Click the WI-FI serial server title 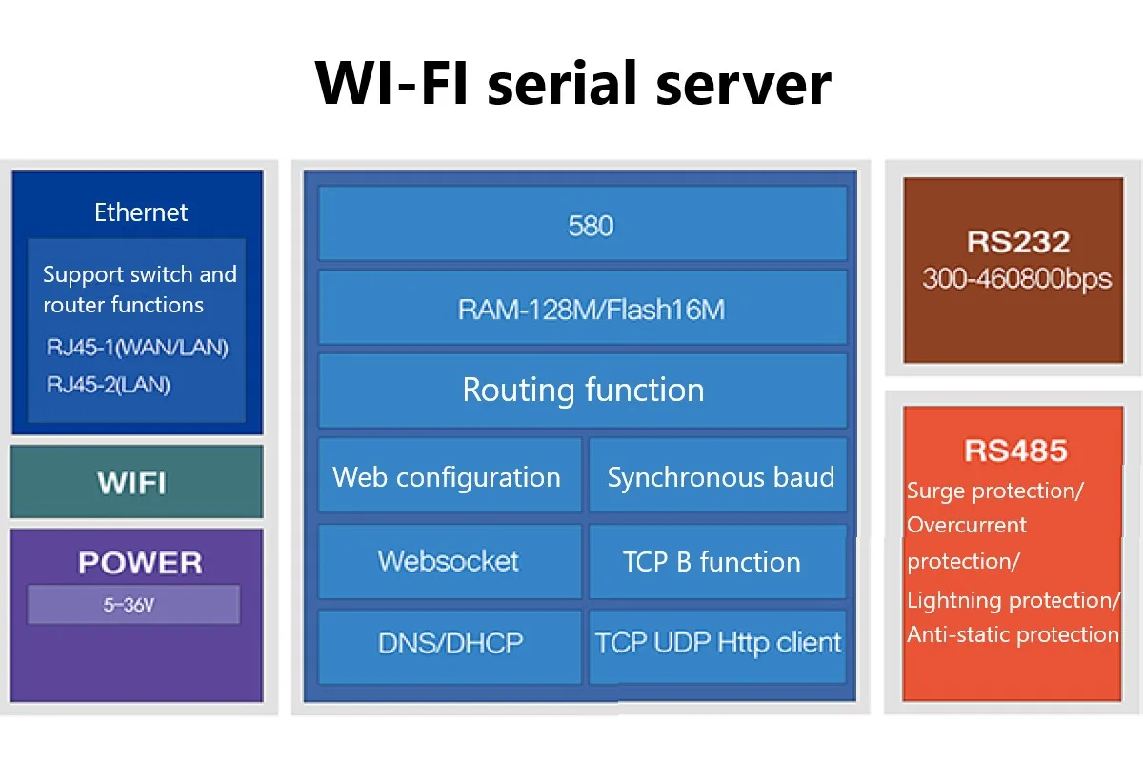click(573, 83)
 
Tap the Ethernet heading click(141, 212)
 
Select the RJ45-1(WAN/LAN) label click(137, 347)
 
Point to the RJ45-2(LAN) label click(109, 384)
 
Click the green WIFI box click(137, 482)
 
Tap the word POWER click(140, 562)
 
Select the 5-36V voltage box click(133, 605)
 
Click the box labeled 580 click(583, 224)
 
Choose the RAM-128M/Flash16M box click(583, 308)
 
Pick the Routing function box click(583, 391)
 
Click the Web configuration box click(450, 474)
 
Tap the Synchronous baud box click(718, 474)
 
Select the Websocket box click(450, 561)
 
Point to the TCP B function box click(718, 561)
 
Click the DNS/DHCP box click(450, 647)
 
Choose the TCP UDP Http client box click(718, 647)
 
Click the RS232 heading click(1018, 241)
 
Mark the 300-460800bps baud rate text click(1016, 279)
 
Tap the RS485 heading click(1015, 451)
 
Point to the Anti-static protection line click(1013, 634)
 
